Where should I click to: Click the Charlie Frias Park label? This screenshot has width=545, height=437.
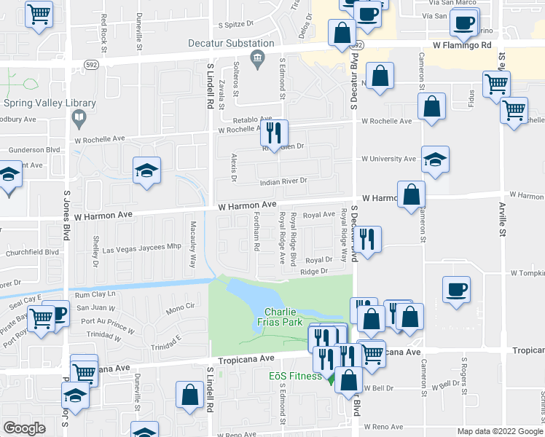click(280, 316)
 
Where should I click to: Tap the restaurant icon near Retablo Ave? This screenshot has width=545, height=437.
click(274, 133)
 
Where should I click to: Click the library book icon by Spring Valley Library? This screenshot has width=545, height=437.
click(79, 117)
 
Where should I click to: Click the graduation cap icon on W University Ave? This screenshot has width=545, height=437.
click(435, 160)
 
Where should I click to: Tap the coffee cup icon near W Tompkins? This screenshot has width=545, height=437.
click(458, 289)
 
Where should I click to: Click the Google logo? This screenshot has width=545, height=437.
click(24, 428)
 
